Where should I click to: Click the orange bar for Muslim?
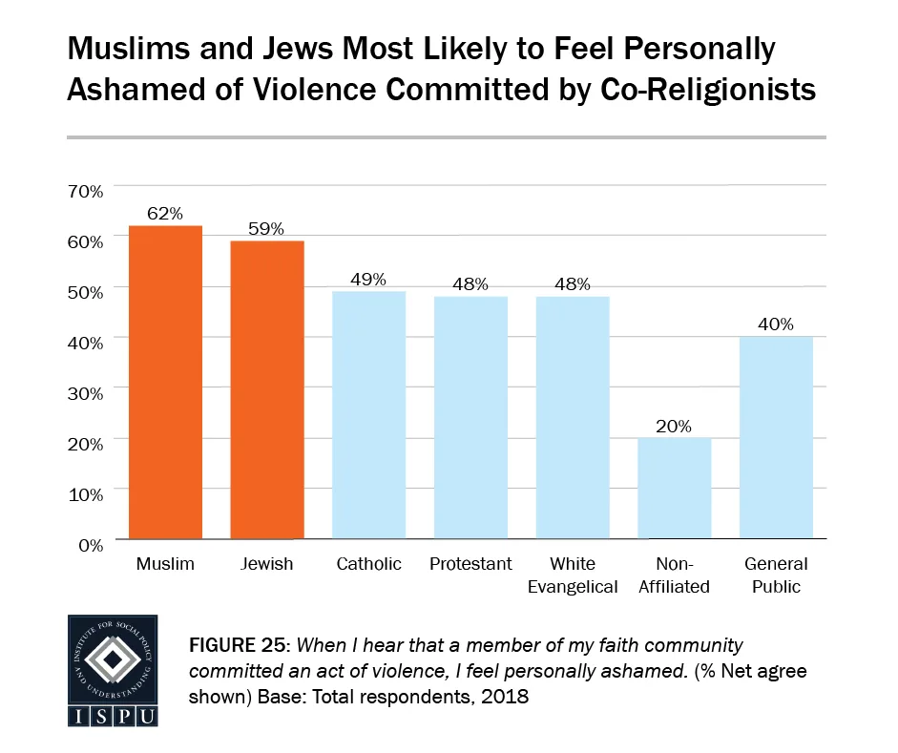[165, 382]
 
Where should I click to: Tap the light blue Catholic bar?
[368, 415]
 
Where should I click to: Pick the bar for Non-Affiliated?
[675, 489]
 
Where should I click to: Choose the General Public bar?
[776, 438]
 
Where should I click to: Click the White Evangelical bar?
[573, 417]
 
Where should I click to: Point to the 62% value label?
[165, 214]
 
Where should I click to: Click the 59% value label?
[267, 229]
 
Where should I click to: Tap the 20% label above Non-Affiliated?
[675, 426]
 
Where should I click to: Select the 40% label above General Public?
[776, 324]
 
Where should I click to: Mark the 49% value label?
[368, 279]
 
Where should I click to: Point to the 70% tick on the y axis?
[85, 191]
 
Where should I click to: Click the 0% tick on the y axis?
[90, 544]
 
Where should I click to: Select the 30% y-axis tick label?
[85, 392]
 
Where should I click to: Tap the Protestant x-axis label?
[470, 564]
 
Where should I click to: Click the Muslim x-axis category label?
[165, 564]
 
